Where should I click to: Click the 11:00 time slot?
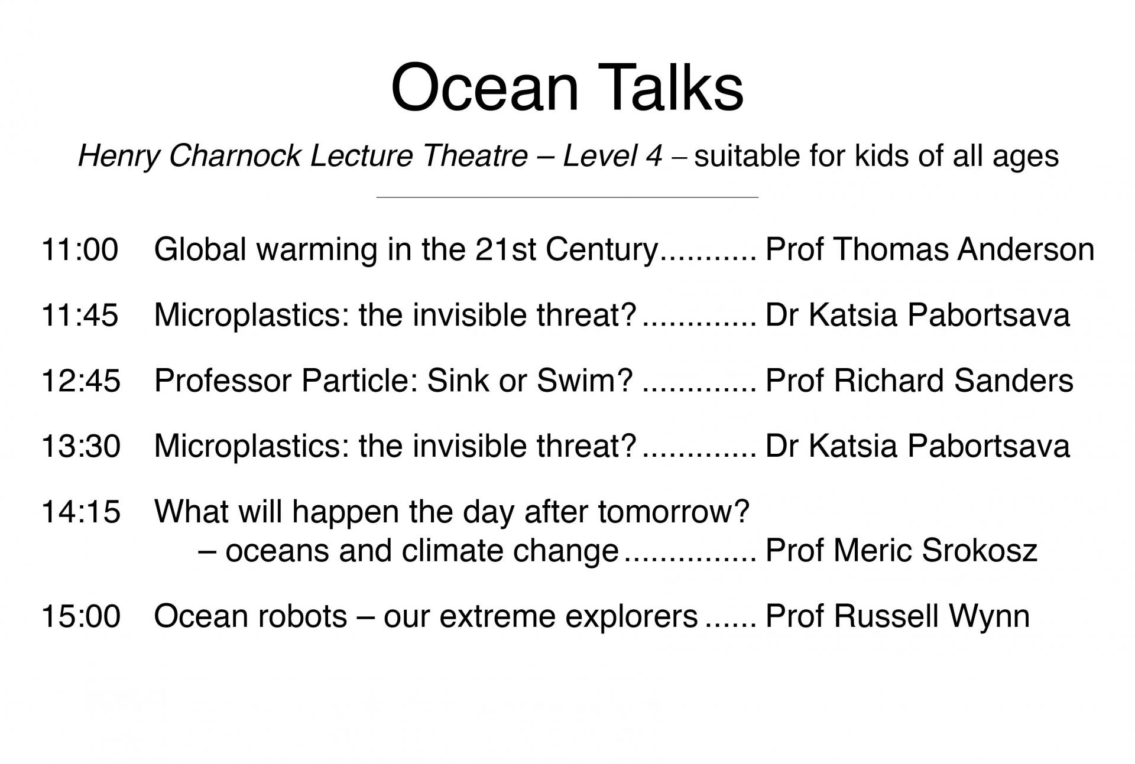(x=80, y=249)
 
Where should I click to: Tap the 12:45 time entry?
(x=80, y=381)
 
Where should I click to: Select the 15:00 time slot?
(x=80, y=616)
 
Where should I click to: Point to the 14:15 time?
(x=80, y=512)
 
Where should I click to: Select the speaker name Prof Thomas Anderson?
(x=930, y=249)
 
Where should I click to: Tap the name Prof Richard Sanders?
(x=919, y=381)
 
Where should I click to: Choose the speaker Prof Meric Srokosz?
(x=901, y=551)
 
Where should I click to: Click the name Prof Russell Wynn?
(x=897, y=616)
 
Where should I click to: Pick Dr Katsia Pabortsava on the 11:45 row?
(x=917, y=315)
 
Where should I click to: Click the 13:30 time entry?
(x=80, y=446)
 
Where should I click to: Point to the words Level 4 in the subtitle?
(x=612, y=156)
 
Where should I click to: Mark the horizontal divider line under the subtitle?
(x=567, y=197)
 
